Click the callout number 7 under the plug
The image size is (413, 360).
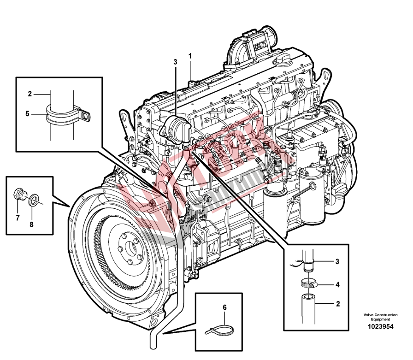click(x=18, y=218)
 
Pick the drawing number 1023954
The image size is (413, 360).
click(x=381, y=326)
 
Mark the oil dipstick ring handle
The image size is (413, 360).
click(x=313, y=187)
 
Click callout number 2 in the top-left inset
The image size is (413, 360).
click(x=29, y=94)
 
